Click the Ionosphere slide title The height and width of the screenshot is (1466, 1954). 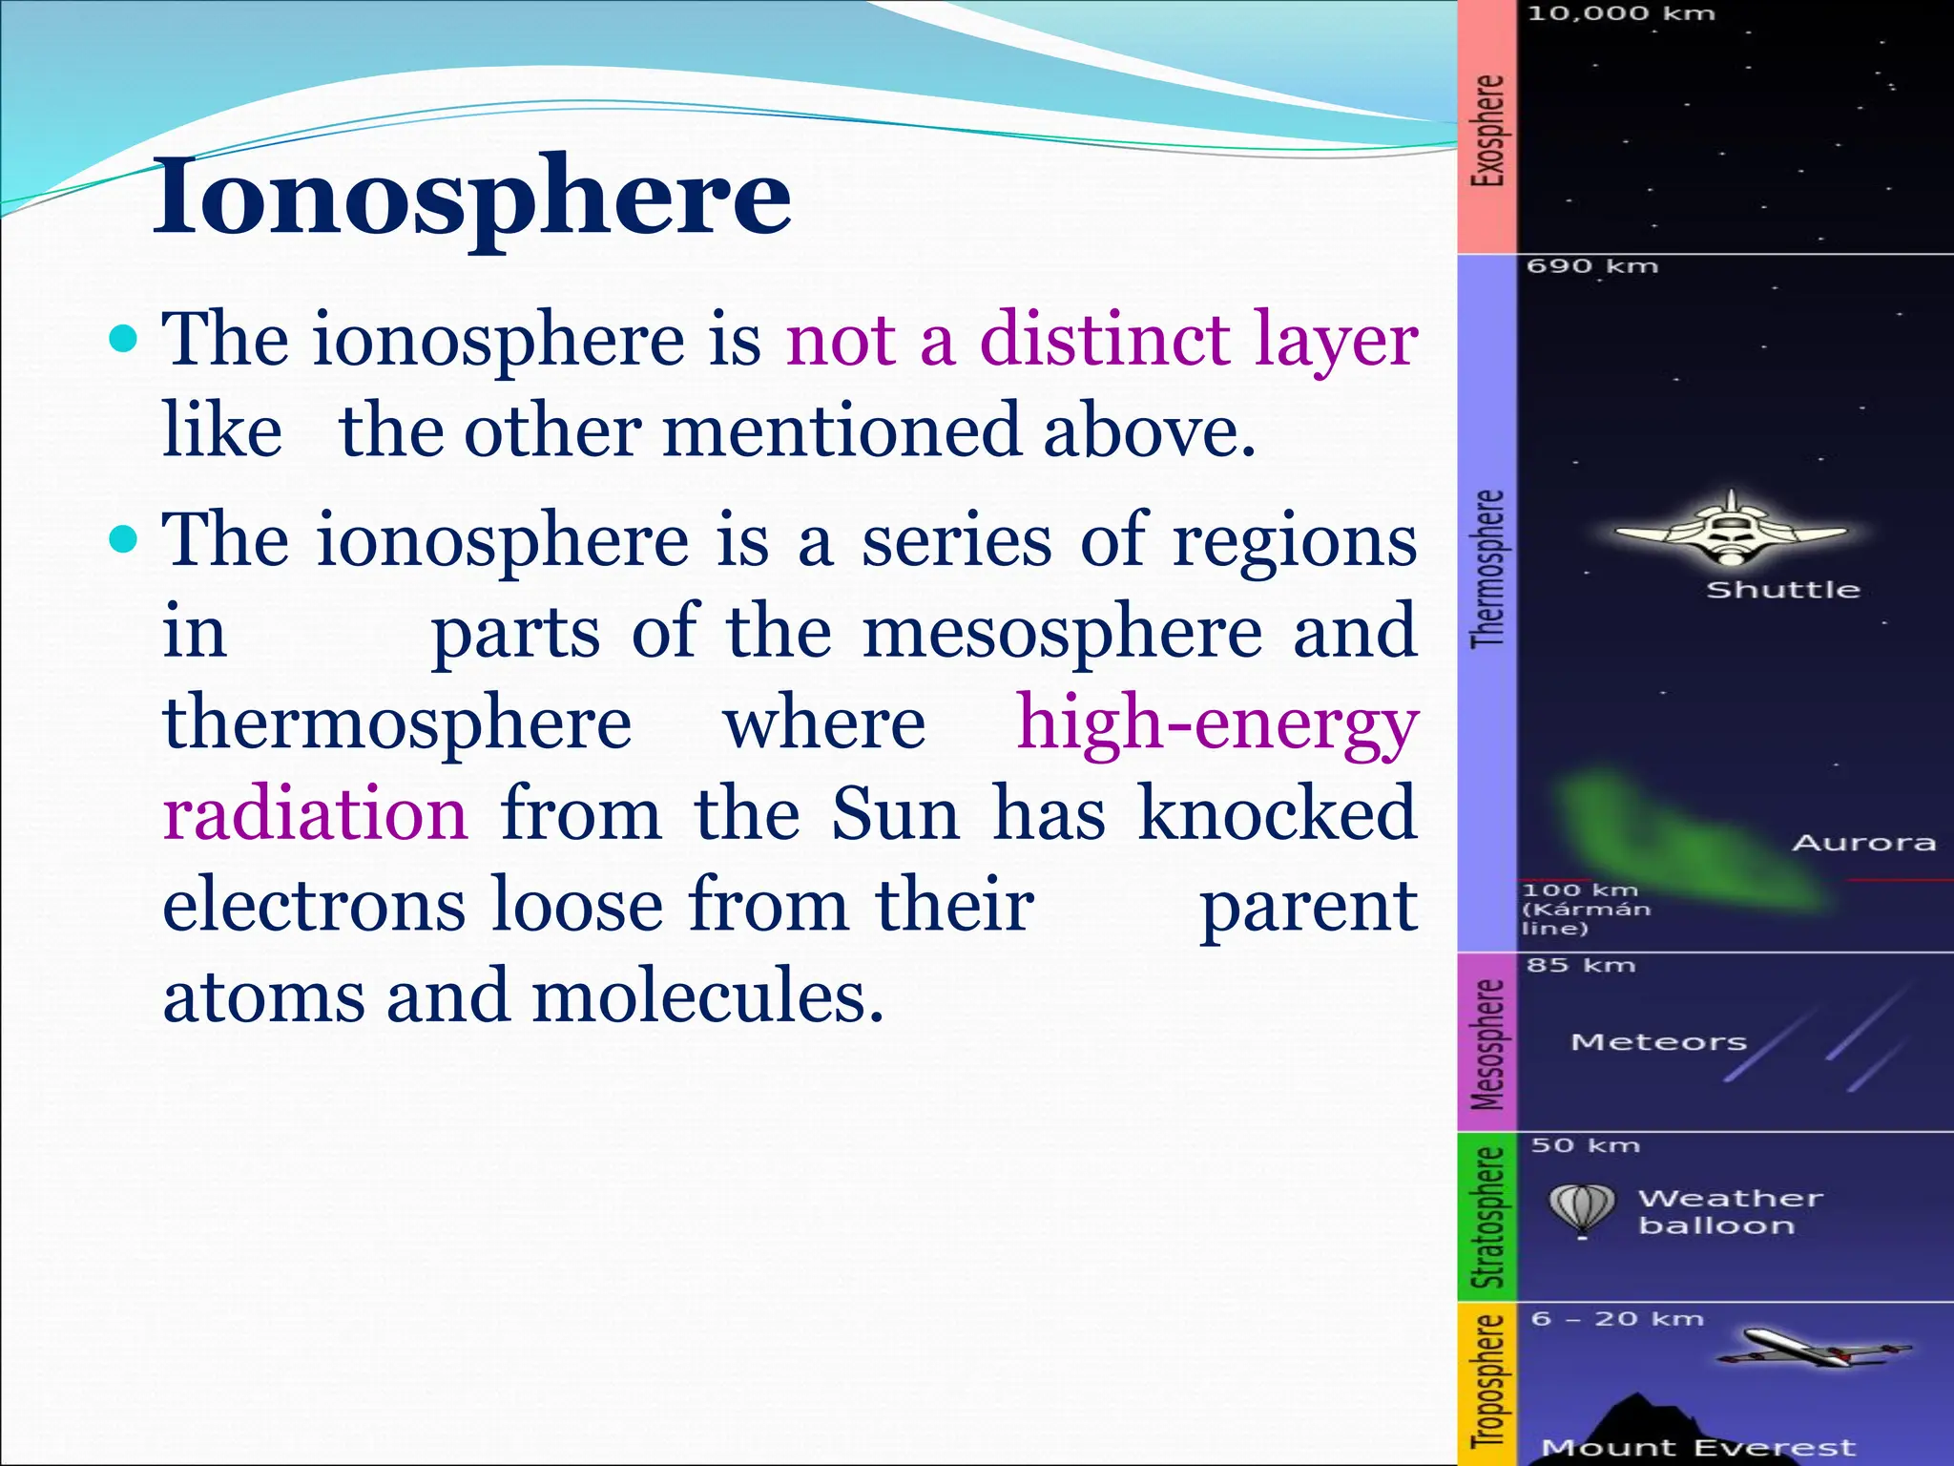472,197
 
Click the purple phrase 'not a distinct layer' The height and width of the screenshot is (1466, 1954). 1102,340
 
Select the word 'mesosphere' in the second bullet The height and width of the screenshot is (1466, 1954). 1062,632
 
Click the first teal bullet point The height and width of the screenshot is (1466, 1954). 124,339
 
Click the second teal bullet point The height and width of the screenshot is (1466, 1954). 124,540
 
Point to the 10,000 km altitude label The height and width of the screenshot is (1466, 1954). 1621,13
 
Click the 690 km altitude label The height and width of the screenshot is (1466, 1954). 1592,266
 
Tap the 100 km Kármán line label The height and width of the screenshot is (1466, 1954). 1584,909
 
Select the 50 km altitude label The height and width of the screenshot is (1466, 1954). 1585,1145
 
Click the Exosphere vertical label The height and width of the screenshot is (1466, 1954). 1487,130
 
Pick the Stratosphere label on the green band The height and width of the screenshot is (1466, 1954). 1487,1217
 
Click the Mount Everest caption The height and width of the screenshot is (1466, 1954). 1698,1448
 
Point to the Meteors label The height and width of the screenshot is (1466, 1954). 1658,1042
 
